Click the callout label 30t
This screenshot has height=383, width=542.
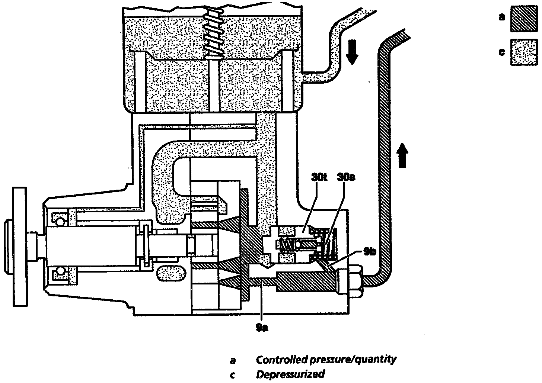pyautogui.click(x=319, y=177)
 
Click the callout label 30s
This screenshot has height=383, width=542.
pyautogui.click(x=346, y=177)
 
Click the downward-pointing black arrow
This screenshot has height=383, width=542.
pyautogui.click(x=351, y=54)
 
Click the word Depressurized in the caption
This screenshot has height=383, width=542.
pyautogui.click(x=290, y=374)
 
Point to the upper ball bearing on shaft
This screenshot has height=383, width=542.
pyautogui.click(x=60, y=219)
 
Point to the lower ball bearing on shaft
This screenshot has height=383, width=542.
pyautogui.click(x=60, y=273)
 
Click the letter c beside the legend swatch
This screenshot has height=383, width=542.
pyautogui.click(x=502, y=52)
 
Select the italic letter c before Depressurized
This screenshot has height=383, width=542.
pyautogui.click(x=233, y=375)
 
